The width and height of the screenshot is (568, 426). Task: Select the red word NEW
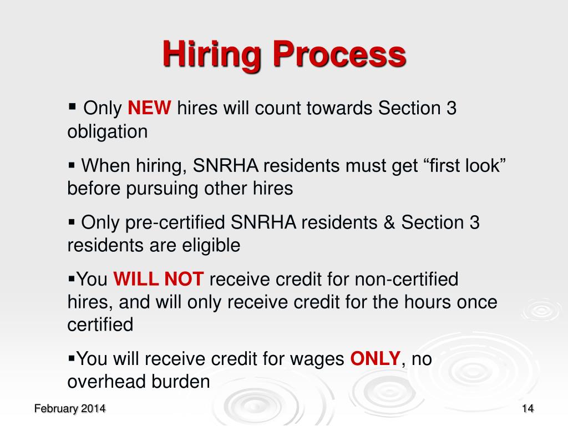[150, 108]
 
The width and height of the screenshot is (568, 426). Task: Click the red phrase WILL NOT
[159, 279]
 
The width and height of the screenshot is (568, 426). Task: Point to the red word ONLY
[375, 359]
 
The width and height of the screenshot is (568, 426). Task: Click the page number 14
[528, 409]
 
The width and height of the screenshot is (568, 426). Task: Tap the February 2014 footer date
[70, 409]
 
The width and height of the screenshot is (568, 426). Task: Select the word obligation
[108, 131]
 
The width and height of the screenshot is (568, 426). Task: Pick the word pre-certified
[169, 222]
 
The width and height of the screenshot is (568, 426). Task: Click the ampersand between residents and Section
[389, 222]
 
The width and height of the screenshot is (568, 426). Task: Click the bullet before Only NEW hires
[72, 105]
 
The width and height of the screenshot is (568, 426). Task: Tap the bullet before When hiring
[72, 164]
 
